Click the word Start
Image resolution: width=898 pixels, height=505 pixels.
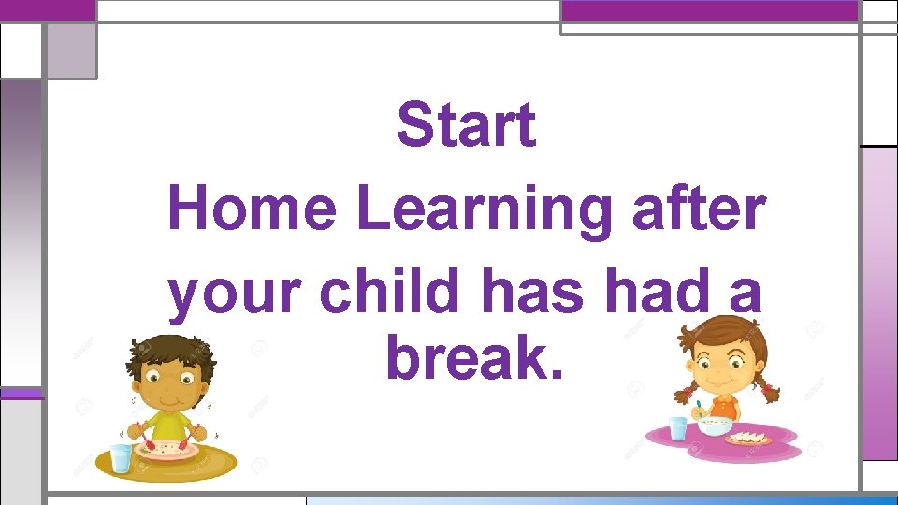466,126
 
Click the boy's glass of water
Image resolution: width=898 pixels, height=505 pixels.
122,458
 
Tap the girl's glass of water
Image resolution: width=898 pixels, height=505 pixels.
679,428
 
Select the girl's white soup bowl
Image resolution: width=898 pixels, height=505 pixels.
715,426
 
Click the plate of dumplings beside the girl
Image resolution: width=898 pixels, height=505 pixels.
748,438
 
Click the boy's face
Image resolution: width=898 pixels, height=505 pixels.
168,379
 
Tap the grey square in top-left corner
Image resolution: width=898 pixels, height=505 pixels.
71,50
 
